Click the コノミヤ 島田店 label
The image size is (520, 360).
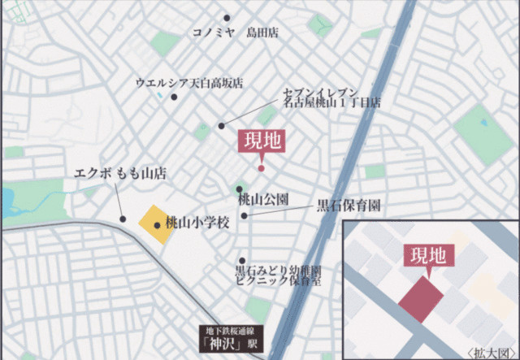pyautogui.click(x=235, y=33)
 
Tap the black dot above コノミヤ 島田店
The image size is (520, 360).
pyautogui.click(x=227, y=18)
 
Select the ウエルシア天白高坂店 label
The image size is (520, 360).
pyautogui.click(x=189, y=83)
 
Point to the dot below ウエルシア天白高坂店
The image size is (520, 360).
pyautogui.click(x=174, y=96)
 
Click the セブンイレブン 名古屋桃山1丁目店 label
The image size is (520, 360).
pyautogui.click(x=331, y=98)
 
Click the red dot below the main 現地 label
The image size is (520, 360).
pyautogui.click(x=261, y=168)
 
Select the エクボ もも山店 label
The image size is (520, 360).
pyautogui.click(x=119, y=173)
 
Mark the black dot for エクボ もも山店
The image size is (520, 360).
pyautogui.click(x=122, y=218)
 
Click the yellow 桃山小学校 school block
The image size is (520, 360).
pyautogui.click(x=154, y=224)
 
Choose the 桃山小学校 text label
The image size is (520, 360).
pyautogui.click(x=198, y=221)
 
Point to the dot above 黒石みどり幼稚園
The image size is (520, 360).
pyautogui.click(x=241, y=260)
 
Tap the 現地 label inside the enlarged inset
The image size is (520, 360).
pyautogui.click(x=425, y=254)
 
